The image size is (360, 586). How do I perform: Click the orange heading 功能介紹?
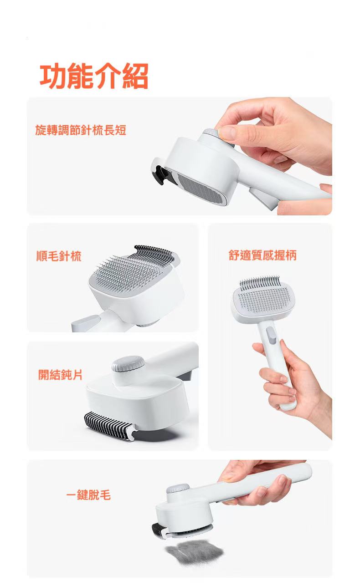(x=94, y=76)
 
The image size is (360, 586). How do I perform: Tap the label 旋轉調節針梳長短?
(x=81, y=130)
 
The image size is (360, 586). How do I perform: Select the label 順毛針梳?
(x=59, y=256)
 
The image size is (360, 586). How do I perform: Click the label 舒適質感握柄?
(x=262, y=255)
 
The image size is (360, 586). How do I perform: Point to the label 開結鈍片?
(x=60, y=375)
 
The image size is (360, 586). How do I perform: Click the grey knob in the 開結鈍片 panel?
(x=128, y=363)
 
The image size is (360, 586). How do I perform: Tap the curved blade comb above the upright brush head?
(x=260, y=282)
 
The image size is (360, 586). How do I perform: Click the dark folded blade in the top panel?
(x=159, y=174)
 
